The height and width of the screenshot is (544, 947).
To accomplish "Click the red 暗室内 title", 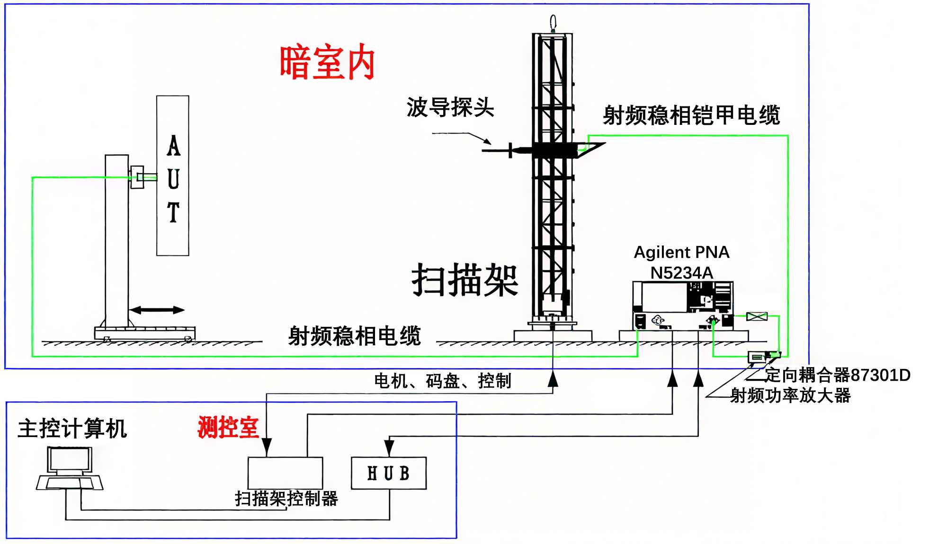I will [327, 62].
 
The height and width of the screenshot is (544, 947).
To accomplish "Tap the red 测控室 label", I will [228, 428].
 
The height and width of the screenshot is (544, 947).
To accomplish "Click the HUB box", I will [388, 473].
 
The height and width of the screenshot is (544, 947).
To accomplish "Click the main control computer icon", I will [70, 469].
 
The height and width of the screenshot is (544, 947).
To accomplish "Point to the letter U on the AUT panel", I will [173, 179].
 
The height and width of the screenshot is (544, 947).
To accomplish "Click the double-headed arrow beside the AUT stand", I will [157, 310].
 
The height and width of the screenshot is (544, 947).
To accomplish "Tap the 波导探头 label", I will [450, 107].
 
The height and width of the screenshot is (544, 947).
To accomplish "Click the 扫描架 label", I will [465, 280].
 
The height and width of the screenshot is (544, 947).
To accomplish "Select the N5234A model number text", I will [681, 273].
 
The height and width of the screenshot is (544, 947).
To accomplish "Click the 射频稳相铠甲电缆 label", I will [691, 115].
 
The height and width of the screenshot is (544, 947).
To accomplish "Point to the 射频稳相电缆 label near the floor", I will [354, 336].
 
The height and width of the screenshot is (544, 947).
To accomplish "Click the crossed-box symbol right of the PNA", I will [756, 316].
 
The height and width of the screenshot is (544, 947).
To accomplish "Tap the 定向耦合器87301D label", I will [837, 375].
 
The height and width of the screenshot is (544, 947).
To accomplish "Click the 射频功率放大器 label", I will [790, 395].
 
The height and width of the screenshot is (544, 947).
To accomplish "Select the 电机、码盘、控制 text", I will [442, 381].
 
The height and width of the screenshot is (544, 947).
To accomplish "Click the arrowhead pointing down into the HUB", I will [389, 447].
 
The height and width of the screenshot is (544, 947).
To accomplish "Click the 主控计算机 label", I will [72, 429].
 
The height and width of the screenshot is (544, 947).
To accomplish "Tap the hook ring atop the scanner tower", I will [553, 22].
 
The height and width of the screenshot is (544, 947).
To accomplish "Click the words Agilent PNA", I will [681, 252].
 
